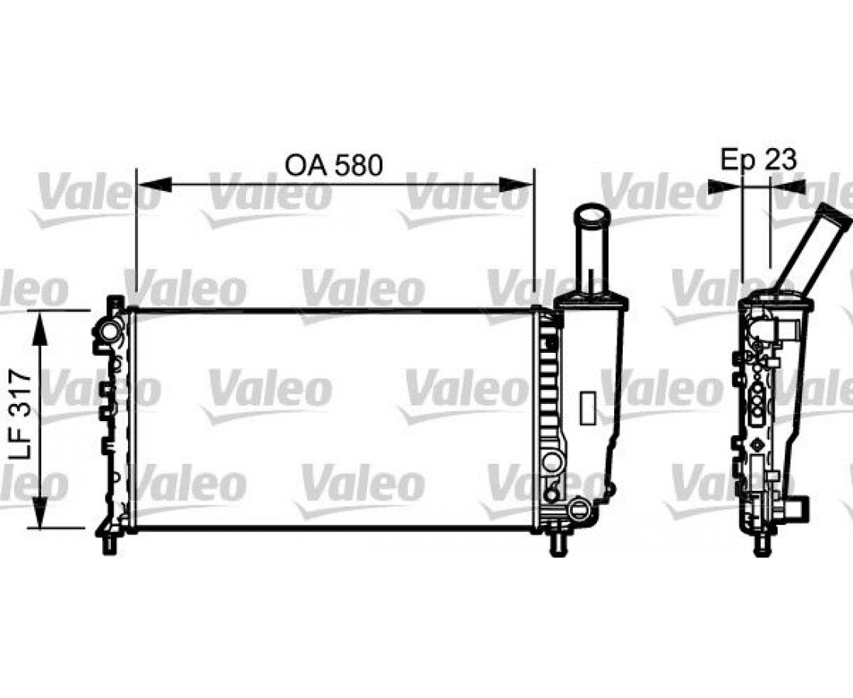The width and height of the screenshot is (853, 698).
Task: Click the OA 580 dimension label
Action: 333,165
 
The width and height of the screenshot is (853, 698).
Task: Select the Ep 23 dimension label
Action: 759,160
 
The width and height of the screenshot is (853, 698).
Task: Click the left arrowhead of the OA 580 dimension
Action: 154,185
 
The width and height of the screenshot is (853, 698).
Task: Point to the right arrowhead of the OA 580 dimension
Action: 516,185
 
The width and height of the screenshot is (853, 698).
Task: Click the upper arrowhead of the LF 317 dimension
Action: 40,328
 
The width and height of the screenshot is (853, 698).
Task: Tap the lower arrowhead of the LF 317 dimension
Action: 40,511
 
